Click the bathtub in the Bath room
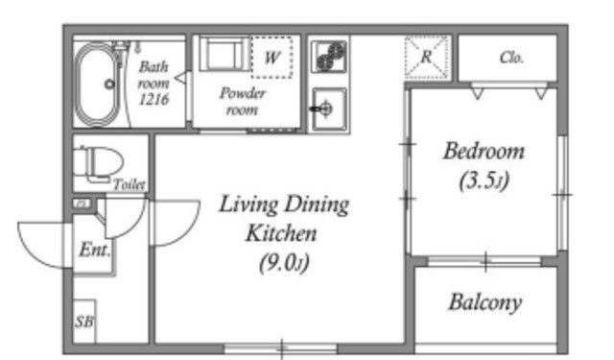pyautogui.click(x=97, y=84)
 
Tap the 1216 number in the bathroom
pyautogui.click(x=153, y=100)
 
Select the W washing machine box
pyautogui.click(x=272, y=58)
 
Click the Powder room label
pyautogui.click(x=243, y=102)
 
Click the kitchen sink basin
pyautogui.click(x=329, y=108)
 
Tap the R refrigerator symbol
pyautogui.click(x=426, y=58)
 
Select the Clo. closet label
pyautogui.click(x=511, y=58)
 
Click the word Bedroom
pyautogui.click(x=484, y=152)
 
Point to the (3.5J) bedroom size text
pyautogui.click(x=484, y=180)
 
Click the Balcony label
pyautogui.click(x=485, y=302)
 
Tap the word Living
pyautogui.click(x=248, y=204)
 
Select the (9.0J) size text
pyautogui.click(x=284, y=262)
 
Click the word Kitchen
pyautogui.click(x=281, y=233)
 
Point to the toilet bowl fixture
pyautogui.click(x=99, y=164)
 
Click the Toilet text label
pyautogui.click(x=130, y=184)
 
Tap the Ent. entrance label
pyautogui.click(x=94, y=250)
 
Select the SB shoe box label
pyautogui.click(x=84, y=322)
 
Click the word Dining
pyautogui.click(x=317, y=204)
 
